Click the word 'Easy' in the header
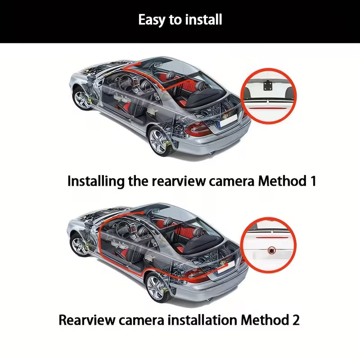152,20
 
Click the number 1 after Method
313,181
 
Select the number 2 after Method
296,320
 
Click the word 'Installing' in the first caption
96,182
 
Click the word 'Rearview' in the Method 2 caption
86,320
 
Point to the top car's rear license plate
228,121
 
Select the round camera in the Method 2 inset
272,250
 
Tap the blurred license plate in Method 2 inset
273,255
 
